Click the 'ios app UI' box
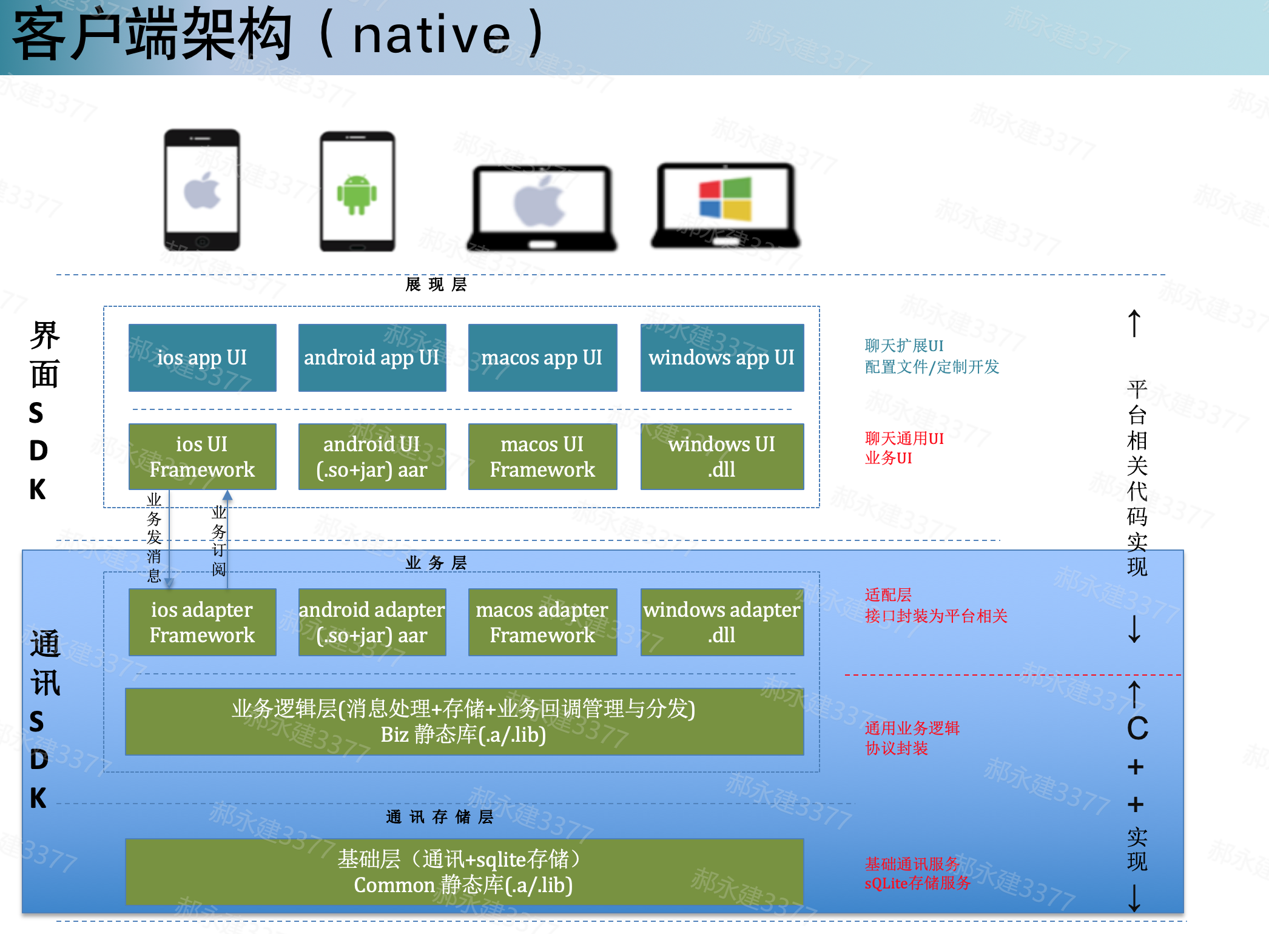tap(202, 358)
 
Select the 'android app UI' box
tap(372, 358)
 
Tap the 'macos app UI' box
tap(542, 358)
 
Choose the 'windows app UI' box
tap(722, 358)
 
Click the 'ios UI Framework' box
tap(202, 457)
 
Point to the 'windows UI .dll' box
tap(722, 457)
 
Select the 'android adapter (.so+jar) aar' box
tap(372, 622)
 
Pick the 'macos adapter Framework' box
tap(542, 622)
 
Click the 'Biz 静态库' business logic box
tap(464, 722)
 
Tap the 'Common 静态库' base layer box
tap(464, 872)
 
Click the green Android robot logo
tap(357, 195)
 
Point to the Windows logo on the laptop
tap(725, 199)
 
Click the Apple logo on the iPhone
tap(202, 190)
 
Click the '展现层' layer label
tap(436, 284)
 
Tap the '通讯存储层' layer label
tap(440, 817)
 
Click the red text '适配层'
tap(888, 595)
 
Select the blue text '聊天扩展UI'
tap(904, 346)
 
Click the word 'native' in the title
tap(431, 35)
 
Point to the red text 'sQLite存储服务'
tap(917, 883)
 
